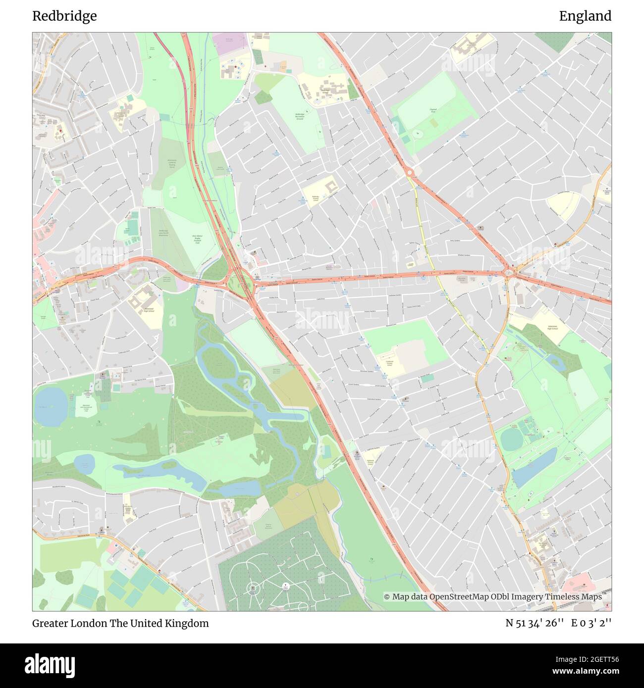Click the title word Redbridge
coord(64,16)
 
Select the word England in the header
coord(585,16)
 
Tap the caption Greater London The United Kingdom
coord(120,623)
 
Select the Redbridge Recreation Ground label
coord(299,116)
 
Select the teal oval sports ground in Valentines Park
coord(510,439)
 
